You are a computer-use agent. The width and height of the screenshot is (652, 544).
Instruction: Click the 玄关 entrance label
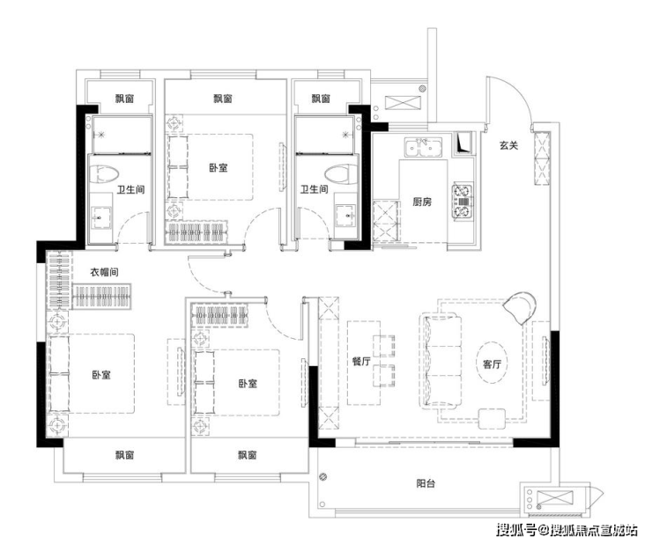pyautogui.click(x=509, y=146)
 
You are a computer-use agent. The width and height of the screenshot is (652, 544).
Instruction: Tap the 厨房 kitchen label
pyautogui.click(x=422, y=202)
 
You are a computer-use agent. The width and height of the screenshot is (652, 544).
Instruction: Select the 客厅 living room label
pyautogui.click(x=492, y=364)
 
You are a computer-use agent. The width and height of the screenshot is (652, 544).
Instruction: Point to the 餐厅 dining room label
pyautogui.click(x=361, y=362)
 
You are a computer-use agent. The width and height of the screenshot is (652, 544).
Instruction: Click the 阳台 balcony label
pyautogui.click(x=426, y=483)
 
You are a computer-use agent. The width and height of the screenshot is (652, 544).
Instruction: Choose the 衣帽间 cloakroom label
pyautogui.click(x=104, y=272)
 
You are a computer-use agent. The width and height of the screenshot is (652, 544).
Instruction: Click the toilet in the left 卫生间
pyautogui.click(x=104, y=174)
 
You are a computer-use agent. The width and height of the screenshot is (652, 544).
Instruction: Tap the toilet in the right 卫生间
pyautogui.click(x=341, y=174)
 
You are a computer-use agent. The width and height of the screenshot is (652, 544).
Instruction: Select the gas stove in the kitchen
pyautogui.click(x=463, y=201)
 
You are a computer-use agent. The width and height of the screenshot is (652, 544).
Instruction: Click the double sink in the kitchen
pyautogui.click(x=423, y=148)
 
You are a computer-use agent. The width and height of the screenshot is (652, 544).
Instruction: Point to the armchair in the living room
pyautogui.click(x=519, y=307)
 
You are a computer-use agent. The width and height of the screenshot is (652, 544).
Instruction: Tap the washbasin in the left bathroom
pyautogui.click(x=101, y=217)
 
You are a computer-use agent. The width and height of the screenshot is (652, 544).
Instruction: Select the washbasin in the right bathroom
pyautogui.click(x=345, y=216)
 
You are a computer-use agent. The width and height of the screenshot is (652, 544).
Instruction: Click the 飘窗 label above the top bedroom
pyautogui.click(x=223, y=99)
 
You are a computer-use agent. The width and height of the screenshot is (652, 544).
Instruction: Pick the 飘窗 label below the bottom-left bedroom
pyautogui.click(x=125, y=454)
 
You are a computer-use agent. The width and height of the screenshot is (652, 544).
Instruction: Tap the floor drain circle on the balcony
pyautogui.click(x=323, y=477)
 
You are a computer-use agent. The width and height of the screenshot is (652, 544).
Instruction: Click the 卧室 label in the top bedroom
pyautogui.click(x=219, y=167)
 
